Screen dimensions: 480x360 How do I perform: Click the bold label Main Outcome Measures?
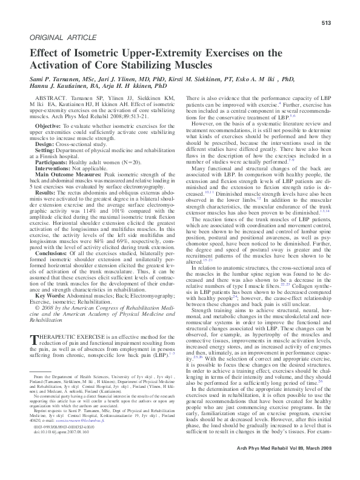coord(69,175)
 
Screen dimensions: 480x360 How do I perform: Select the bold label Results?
coord(48,193)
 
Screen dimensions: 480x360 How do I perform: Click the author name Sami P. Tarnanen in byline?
coord(58,79)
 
